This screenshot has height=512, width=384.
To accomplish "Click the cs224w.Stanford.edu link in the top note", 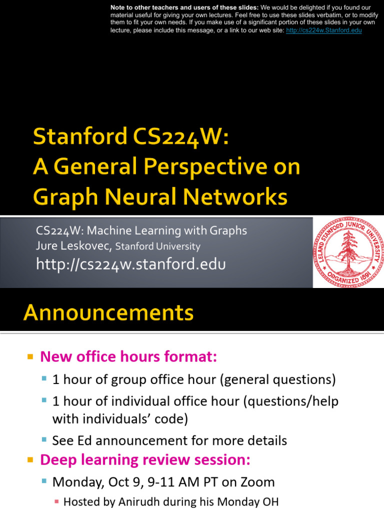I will (323, 30).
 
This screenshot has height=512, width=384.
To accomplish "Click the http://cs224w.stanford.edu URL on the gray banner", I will (131, 264).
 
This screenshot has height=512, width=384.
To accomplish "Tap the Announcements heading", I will (108, 313).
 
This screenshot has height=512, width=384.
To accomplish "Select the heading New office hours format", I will (128, 357).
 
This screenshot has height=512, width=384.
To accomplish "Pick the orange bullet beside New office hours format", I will (30, 357).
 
